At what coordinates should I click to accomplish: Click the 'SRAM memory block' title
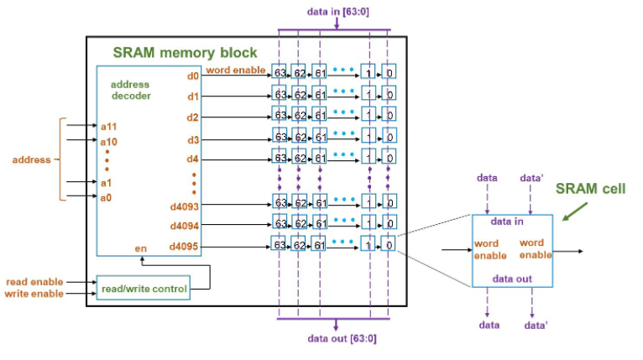pyautogui.click(x=186, y=52)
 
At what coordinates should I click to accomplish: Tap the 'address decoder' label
pyautogui.click(x=131, y=91)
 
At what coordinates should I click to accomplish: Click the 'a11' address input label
pyautogui.click(x=109, y=126)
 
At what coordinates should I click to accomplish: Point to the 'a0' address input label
pyautogui.click(x=108, y=197)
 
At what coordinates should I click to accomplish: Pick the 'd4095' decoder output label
pyautogui.click(x=184, y=247)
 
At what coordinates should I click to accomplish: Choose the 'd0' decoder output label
pyautogui.click(x=192, y=76)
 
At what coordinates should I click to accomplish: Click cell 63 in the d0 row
pyautogui.click(x=280, y=71)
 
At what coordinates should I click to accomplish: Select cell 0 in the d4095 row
pyautogui.click(x=389, y=245)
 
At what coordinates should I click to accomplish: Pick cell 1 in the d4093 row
pyautogui.click(x=368, y=202)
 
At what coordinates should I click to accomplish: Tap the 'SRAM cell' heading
pyautogui.click(x=590, y=189)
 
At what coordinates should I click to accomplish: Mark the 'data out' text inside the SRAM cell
pyautogui.click(x=511, y=279)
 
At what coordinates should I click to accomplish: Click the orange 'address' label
pyautogui.click(x=30, y=159)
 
